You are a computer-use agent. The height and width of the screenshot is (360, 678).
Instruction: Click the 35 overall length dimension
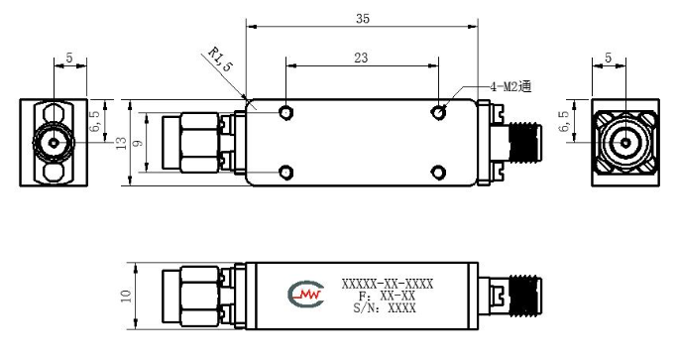point(363,19)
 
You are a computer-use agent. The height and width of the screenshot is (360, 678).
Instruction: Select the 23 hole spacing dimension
point(361,58)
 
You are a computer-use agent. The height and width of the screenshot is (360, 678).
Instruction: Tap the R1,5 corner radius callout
point(220,59)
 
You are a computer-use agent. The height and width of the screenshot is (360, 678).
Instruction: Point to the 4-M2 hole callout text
point(510,86)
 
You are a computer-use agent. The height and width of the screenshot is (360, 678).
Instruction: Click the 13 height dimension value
point(122,143)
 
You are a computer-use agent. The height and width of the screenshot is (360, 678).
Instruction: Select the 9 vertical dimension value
point(138,143)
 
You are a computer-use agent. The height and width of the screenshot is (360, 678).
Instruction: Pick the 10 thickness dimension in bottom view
point(126,296)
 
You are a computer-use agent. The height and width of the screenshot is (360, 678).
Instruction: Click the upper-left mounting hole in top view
point(285,113)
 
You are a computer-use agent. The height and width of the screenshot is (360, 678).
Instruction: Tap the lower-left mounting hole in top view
point(285,173)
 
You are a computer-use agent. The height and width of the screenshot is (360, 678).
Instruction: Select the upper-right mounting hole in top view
point(439,113)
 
